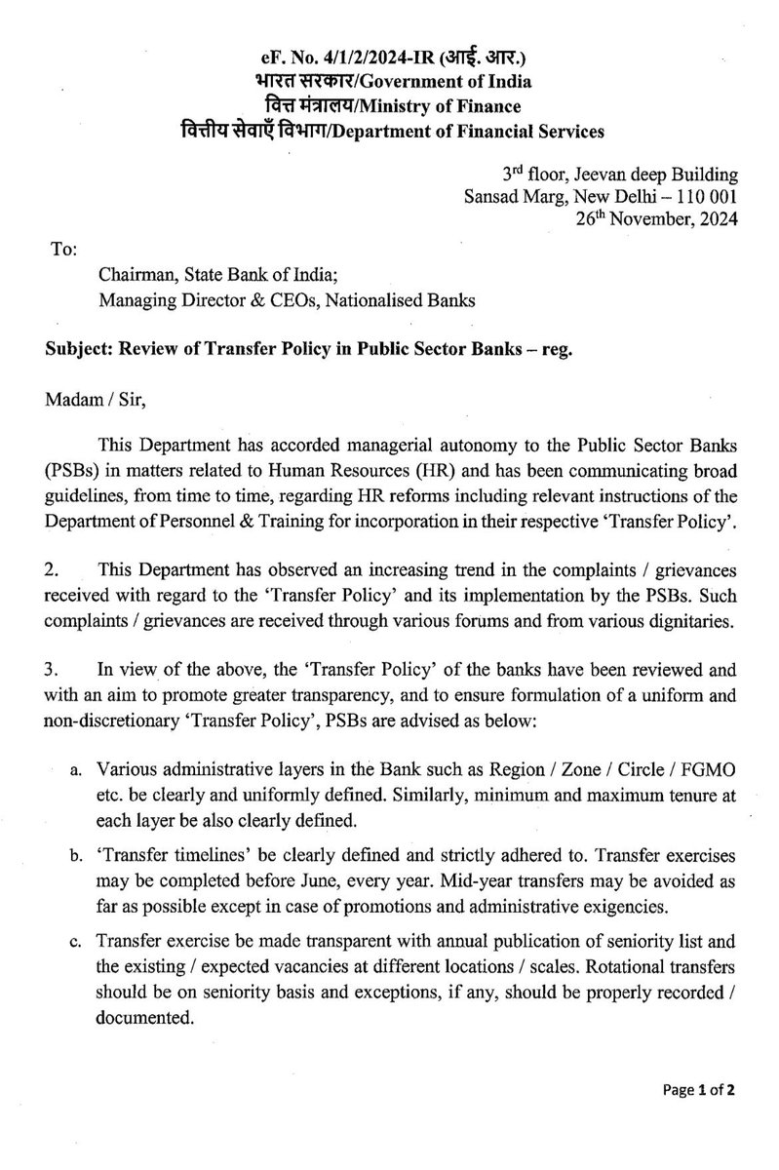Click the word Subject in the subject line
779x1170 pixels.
(81, 351)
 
